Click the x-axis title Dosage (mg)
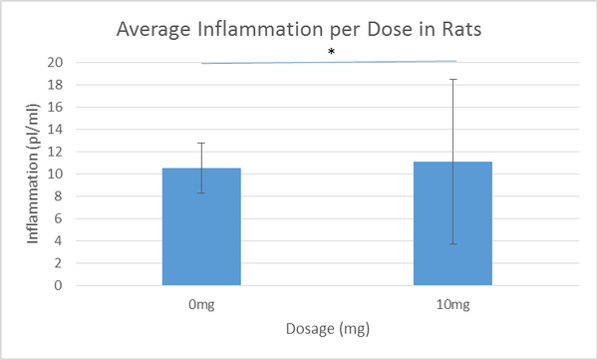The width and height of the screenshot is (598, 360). click(328, 326)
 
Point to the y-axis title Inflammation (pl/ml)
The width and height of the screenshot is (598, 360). click(32, 174)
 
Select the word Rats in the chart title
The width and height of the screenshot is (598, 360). click(461, 29)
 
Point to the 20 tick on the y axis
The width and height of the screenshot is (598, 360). click(57, 63)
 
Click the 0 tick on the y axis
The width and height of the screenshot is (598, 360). click(60, 285)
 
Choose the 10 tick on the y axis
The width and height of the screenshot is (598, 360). click(57, 174)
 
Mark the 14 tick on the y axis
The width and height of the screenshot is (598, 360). click(57, 130)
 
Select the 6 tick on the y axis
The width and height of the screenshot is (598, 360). click(60, 218)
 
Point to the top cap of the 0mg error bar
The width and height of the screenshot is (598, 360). click(202, 143)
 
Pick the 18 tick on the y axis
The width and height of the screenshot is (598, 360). click(57, 85)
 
